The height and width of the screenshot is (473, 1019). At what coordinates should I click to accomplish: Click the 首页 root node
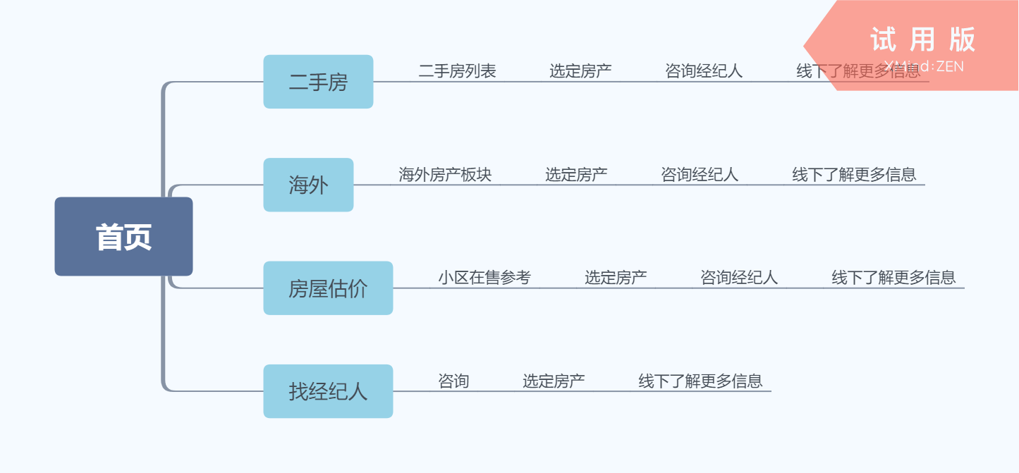[123, 237]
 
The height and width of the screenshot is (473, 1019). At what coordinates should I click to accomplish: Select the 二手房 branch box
[318, 82]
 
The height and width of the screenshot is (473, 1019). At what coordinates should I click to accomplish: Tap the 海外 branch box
[308, 185]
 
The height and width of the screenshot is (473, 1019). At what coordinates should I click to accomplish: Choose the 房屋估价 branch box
[328, 288]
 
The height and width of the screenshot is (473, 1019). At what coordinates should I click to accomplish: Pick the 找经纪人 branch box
[328, 391]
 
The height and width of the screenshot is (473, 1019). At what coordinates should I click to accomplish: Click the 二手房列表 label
[457, 71]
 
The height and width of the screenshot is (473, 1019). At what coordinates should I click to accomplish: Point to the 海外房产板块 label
[445, 174]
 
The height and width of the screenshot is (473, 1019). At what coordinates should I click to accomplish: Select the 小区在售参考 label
[484, 278]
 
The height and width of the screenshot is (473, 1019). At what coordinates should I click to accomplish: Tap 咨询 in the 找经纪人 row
[453, 381]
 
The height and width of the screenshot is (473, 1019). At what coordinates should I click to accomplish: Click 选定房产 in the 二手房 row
[580, 71]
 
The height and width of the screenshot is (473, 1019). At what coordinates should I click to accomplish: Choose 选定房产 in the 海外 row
[576, 174]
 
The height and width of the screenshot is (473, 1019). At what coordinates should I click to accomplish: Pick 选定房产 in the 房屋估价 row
[616, 278]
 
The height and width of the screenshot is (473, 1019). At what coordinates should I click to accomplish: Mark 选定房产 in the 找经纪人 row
[554, 381]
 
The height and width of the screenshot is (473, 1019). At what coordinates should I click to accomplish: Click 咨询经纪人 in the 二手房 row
[704, 71]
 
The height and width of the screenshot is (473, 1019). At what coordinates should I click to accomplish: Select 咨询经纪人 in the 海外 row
[700, 174]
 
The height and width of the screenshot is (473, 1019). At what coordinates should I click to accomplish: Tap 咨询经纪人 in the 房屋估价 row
[739, 278]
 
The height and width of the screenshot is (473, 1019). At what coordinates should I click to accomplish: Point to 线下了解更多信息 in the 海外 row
[854, 174]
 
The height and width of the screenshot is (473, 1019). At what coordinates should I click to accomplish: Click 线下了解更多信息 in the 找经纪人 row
[700, 381]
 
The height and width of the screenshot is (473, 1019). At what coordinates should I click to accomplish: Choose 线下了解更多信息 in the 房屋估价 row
[893, 278]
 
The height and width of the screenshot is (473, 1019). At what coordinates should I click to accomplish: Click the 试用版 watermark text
[922, 39]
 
